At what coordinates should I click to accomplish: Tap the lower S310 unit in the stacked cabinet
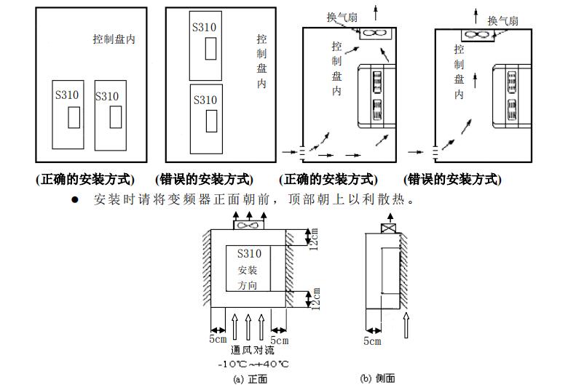coord(205,118)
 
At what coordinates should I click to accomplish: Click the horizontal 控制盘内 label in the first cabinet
coord(114,39)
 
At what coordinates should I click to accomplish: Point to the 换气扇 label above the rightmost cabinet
coord(502,20)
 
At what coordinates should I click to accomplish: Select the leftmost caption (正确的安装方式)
coord(85,179)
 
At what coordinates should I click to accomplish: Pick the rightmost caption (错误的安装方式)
coord(452,179)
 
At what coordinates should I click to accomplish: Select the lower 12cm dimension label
coord(314,298)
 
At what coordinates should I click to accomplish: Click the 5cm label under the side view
coord(371,341)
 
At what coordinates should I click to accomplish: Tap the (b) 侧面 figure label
coord(378,378)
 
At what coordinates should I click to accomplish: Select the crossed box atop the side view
coord(388,229)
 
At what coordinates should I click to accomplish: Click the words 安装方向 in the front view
coord(248,277)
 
